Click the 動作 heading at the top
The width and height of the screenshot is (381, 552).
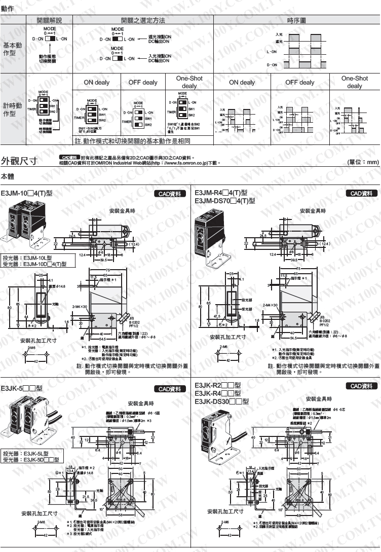point(8,9)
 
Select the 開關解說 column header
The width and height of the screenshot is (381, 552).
point(49,20)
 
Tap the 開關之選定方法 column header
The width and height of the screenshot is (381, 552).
point(143,20)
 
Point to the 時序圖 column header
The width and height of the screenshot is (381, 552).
point(296,20)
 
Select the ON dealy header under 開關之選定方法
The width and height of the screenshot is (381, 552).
point(96,82)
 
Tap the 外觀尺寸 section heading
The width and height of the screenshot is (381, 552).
point(19,161)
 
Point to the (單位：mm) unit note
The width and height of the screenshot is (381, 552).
point(363,162)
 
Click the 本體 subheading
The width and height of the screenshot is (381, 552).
point(8,176)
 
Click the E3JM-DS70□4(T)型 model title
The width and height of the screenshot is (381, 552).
point(225,201)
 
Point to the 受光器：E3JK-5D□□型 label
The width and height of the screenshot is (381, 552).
point(31,460)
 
